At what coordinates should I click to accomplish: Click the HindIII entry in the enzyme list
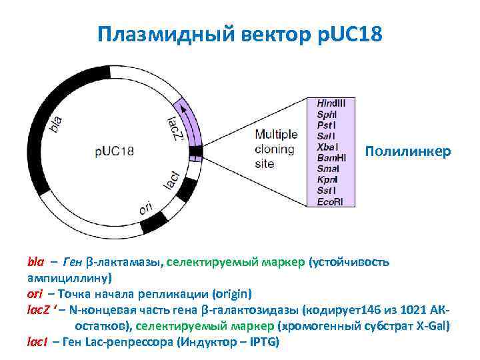[331, 104]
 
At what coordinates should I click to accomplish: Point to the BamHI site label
[331, 158]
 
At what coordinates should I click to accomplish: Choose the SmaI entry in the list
[327, 169]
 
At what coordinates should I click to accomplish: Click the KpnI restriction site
[327, 179]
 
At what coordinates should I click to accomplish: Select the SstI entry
[326, 190]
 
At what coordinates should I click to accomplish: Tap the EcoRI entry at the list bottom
[330, 201]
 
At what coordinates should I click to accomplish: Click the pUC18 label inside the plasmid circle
[114, 151]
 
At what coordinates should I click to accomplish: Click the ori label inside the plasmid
[146, 208]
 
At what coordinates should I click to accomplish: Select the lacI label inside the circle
[171, 180]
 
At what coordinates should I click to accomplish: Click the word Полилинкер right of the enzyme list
[408, 152]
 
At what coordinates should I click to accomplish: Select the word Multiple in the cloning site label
[276, 134]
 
